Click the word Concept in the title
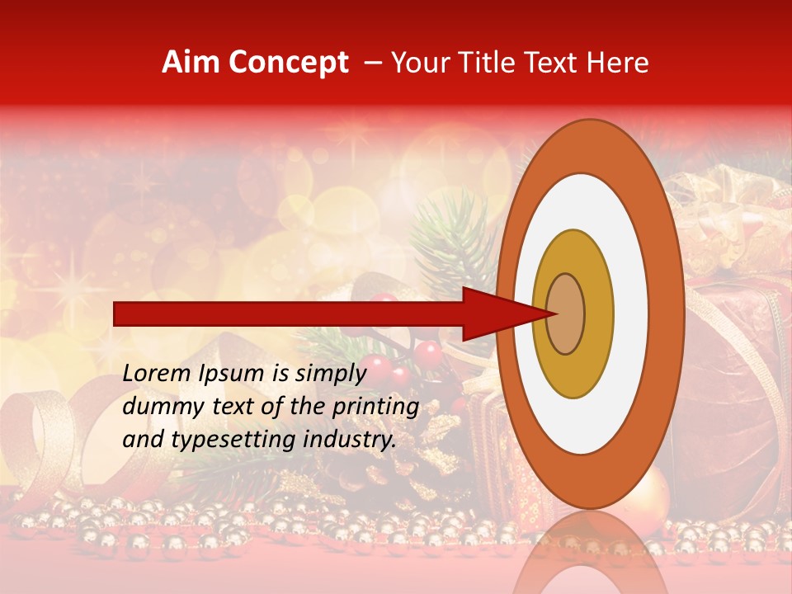288,63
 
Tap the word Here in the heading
617,63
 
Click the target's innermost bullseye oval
566,314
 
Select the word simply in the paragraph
328,374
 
